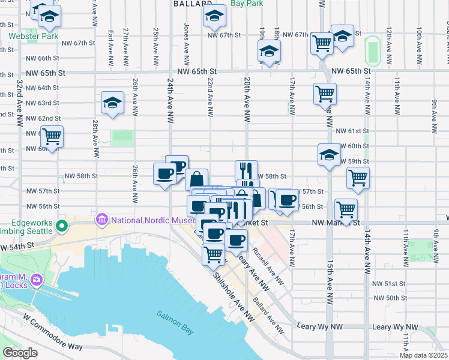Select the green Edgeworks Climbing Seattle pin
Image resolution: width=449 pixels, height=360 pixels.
click(x=61, y=226)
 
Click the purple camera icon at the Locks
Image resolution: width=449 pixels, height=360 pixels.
click(x=37, y=280)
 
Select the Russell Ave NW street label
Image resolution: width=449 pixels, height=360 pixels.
click(x=267, y=264)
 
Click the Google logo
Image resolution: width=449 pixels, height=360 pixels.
click(x=20, y=353)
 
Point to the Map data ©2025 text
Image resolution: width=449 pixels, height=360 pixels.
click(x=423, y=355)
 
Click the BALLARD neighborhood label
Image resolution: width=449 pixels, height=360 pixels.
click(x=190, y=4)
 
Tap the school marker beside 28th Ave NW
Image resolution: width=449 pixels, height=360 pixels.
click(x=112, y=103)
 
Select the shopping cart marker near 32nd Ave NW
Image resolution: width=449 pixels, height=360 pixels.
click(x=52, y=136)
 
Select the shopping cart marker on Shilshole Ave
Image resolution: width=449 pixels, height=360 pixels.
click(x=214, y=254)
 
